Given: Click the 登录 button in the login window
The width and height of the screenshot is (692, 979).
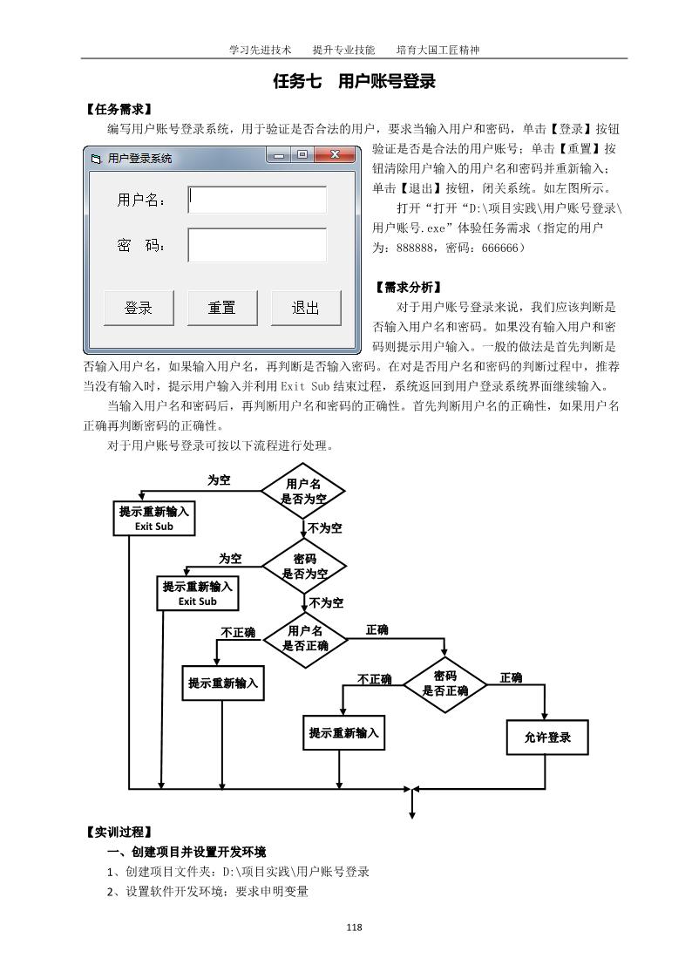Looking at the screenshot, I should tap(139, 308).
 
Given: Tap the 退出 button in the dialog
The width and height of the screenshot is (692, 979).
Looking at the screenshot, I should tap(305, 308).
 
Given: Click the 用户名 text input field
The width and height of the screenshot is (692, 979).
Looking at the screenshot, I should tap(257, 200).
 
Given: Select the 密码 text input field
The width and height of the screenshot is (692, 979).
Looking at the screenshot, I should tap(257, 245).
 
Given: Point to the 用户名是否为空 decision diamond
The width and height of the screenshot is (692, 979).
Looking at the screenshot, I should tap(303, 492).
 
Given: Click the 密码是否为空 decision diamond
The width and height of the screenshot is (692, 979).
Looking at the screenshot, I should tap(304, 567).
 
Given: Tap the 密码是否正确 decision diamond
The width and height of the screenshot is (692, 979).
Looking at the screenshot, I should tap(444, 683).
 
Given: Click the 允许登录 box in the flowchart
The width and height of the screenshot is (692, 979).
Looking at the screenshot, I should tap(547, 738).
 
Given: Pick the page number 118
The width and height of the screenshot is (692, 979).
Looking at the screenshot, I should tap(353, 927).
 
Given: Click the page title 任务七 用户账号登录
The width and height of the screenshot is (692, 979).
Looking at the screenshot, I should tap(354, 83).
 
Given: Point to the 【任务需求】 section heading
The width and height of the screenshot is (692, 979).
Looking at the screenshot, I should tap(119, 109).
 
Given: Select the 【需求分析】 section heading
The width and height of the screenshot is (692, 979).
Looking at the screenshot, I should tap(408, 287).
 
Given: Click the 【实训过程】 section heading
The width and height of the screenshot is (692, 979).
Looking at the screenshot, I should tap(119, 832).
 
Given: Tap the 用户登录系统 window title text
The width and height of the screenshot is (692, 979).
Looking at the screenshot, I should tap(139, 159).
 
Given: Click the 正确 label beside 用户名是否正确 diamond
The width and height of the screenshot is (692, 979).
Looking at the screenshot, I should tap(377, 629).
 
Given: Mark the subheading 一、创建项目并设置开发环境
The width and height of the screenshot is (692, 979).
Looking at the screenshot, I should tap(186, 852).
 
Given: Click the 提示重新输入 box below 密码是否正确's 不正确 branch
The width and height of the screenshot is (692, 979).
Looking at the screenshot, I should tap(343, 733).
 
